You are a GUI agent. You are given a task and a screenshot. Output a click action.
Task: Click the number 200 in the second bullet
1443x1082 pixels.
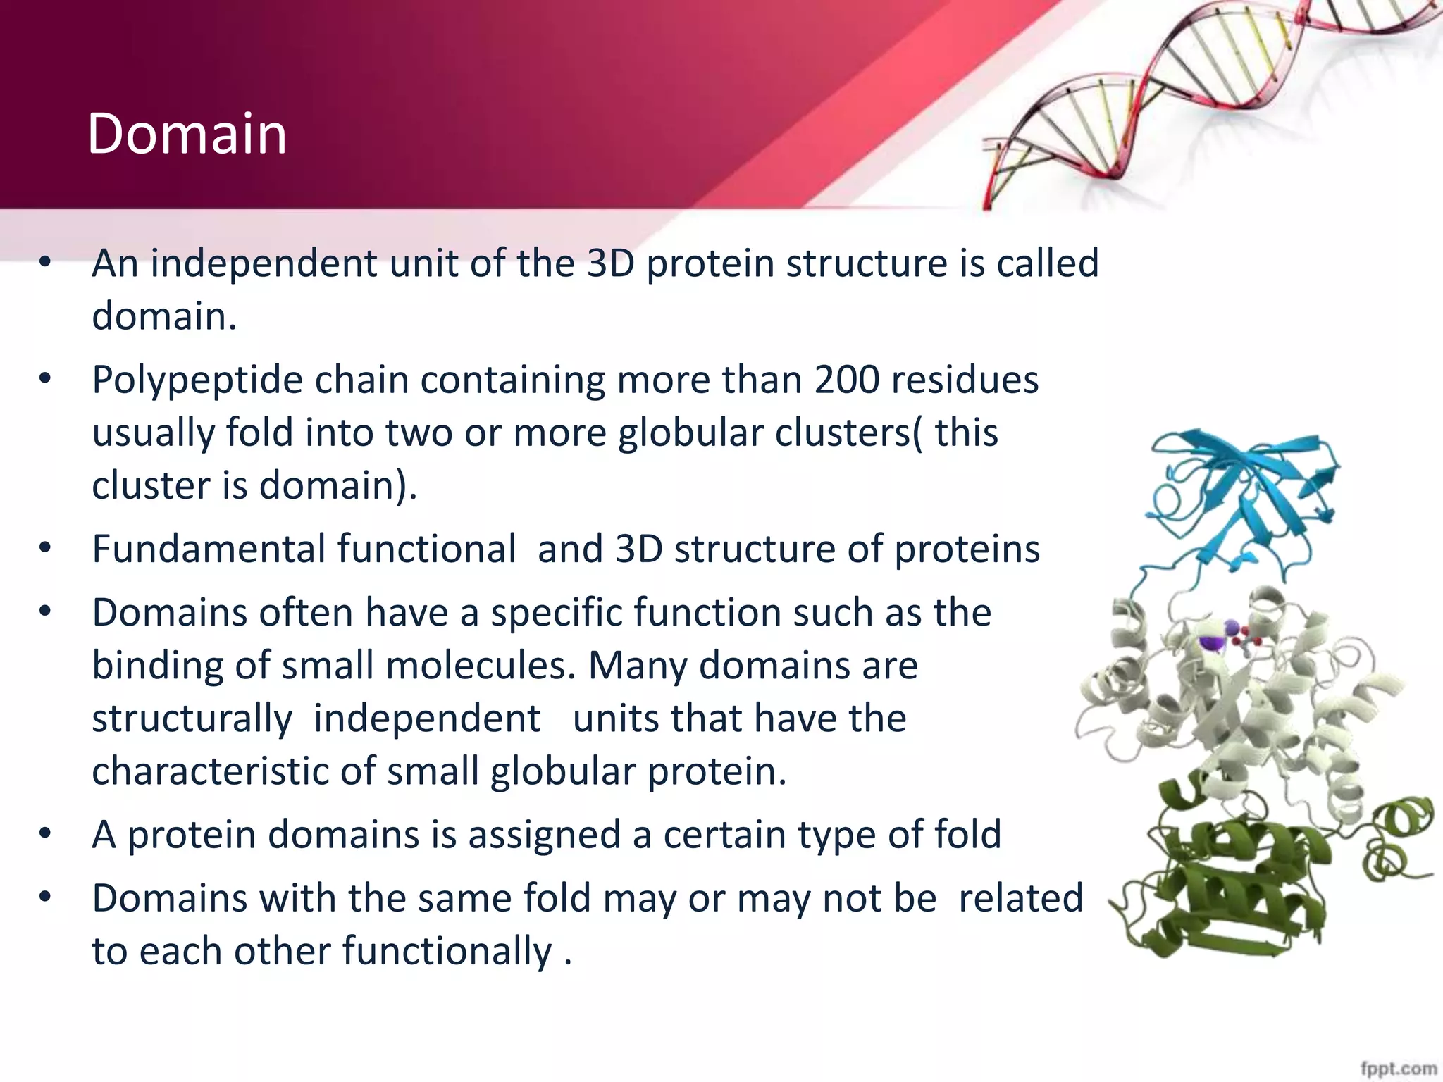[x=847, y=380]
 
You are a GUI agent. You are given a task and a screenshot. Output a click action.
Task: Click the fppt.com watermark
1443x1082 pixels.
[x=1398, y=1068]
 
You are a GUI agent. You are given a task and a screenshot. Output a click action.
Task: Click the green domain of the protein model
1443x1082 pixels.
[x=1226, y=888]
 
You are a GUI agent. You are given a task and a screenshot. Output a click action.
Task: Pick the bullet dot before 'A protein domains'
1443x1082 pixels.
[x=45, y=834]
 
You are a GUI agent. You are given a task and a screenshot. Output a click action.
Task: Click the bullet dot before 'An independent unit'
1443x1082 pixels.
[x=45, y=263]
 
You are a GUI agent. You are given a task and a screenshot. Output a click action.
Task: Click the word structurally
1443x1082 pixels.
[x=192, y=719]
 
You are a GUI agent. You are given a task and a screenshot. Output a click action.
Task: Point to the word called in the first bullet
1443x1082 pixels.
[x=1047, y=263]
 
